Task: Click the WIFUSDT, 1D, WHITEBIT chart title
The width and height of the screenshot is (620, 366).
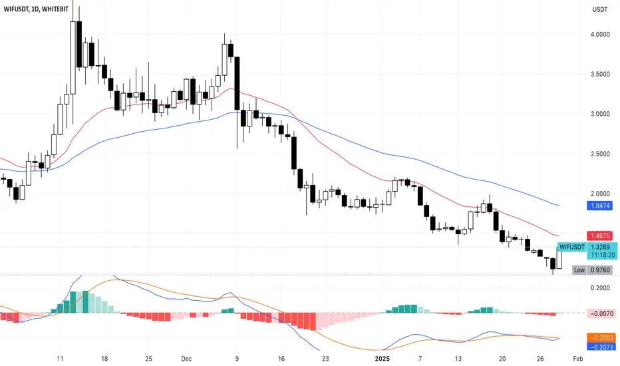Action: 36,9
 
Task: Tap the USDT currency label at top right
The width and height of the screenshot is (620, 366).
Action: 600,9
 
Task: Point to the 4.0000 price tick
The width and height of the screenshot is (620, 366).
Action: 600,35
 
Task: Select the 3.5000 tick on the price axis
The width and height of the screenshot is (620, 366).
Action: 600,74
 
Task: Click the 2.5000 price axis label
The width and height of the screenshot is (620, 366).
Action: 600,154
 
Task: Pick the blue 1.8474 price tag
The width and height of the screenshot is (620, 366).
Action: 600,206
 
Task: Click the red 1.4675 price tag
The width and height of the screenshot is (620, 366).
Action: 600,236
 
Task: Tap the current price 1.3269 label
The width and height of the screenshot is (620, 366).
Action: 600,248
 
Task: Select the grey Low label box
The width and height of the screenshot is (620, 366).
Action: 579,270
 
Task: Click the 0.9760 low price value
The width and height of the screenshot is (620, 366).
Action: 600,270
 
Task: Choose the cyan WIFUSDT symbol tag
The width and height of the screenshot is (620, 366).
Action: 571,248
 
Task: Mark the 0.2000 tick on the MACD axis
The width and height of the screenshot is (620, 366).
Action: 600,287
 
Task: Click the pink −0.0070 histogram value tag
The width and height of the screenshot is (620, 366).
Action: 601,314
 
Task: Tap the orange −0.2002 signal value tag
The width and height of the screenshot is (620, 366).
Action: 601,337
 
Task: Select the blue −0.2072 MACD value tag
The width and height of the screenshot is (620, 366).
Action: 601,347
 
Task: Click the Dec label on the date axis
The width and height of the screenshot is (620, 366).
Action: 186,359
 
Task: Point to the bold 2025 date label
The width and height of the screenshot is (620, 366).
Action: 383,359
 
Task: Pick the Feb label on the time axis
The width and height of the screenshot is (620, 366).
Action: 577,359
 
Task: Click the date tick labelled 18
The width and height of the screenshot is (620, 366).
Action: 104,359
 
